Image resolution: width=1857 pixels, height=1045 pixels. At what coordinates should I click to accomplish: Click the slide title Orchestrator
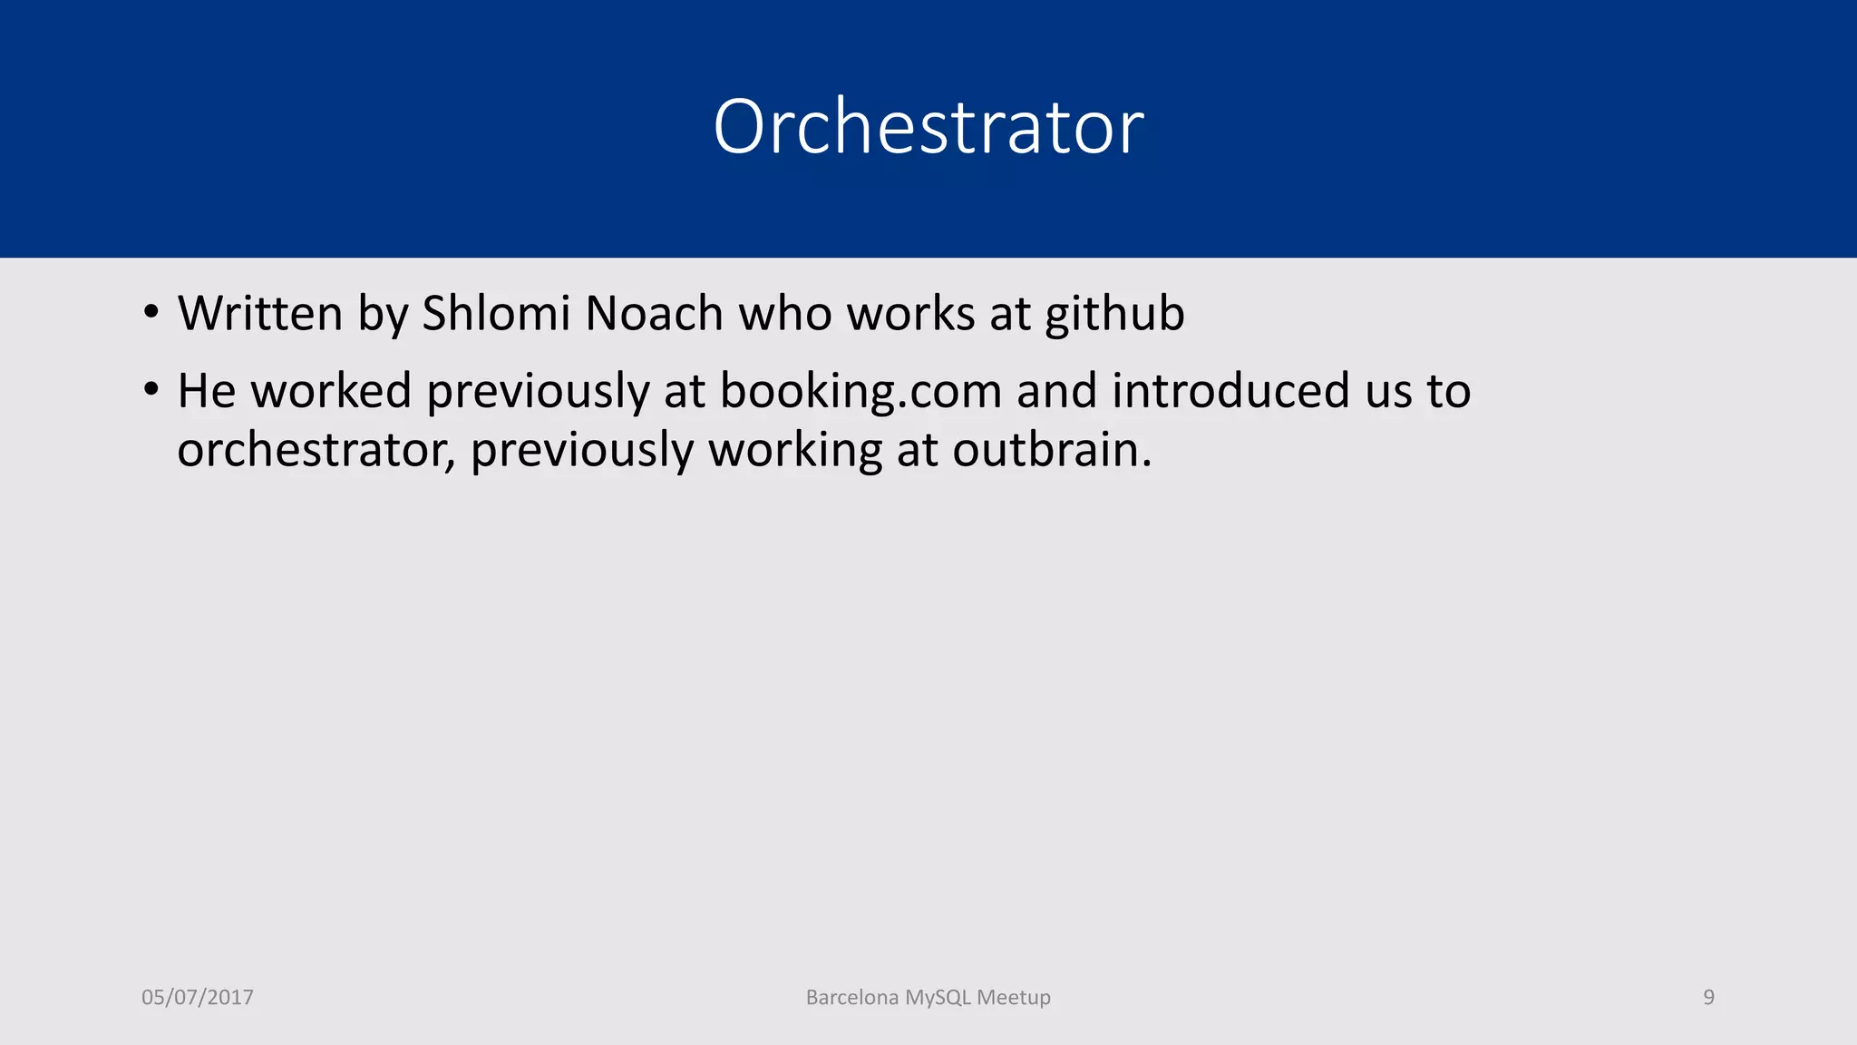click(x=928, y=127)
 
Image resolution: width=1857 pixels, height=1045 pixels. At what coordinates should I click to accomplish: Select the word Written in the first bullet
click(x=260, y=314)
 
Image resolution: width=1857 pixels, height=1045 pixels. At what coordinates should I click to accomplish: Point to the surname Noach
click(x=654, y=314)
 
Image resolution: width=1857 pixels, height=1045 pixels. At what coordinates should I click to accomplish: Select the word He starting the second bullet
click(x=206, y=391)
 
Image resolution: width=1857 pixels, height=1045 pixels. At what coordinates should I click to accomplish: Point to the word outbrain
click(x=1052, y=450)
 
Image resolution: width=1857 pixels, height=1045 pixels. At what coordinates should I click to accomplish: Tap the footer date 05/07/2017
click(x=198, y=997)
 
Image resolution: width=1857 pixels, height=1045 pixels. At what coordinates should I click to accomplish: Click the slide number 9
click(x=1708, y=997)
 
